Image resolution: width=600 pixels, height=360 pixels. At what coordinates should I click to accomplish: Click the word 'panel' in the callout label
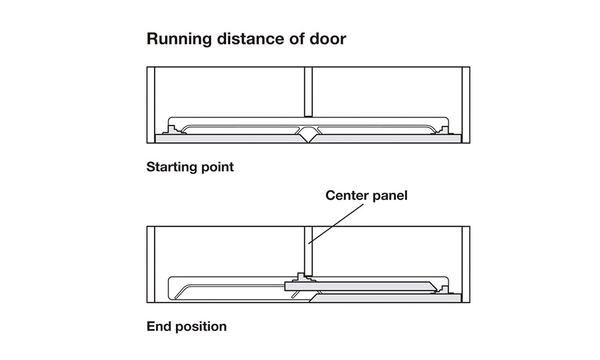click(391, 196)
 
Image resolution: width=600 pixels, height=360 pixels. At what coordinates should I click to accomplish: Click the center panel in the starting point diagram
click(308, 91)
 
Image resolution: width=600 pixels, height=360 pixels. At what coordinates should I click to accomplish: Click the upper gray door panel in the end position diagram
click(360, 286)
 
